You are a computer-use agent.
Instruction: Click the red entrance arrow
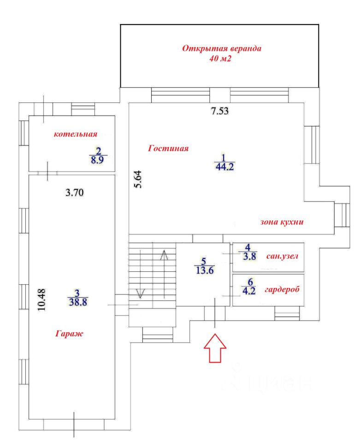(215, 348)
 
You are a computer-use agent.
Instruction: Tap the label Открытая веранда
(222, 48)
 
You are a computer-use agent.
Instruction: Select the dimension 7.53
(220, 111)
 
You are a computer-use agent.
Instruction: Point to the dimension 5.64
(138, 179)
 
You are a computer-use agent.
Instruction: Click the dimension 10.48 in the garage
(41, 299)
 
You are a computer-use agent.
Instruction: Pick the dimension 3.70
(75, 192)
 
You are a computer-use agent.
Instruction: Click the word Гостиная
(168, 148)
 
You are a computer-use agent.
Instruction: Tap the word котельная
(76, 134)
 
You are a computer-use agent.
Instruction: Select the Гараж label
(70, 334)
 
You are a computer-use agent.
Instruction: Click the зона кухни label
(282, 222)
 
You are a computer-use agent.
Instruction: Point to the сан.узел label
(282, 256)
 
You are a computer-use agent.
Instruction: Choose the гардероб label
(282, 290)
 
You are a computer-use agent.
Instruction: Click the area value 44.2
(224, 167)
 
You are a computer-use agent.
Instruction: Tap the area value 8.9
(97, 160)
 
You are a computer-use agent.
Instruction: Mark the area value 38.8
(78, 302)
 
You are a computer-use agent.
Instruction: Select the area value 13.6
(205, 270)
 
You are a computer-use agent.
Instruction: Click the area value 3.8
(250, 256)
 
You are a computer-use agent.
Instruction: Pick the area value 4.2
(249, 291)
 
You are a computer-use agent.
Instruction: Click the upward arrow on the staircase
(164, 274)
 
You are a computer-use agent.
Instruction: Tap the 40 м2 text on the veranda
(220, 59)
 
